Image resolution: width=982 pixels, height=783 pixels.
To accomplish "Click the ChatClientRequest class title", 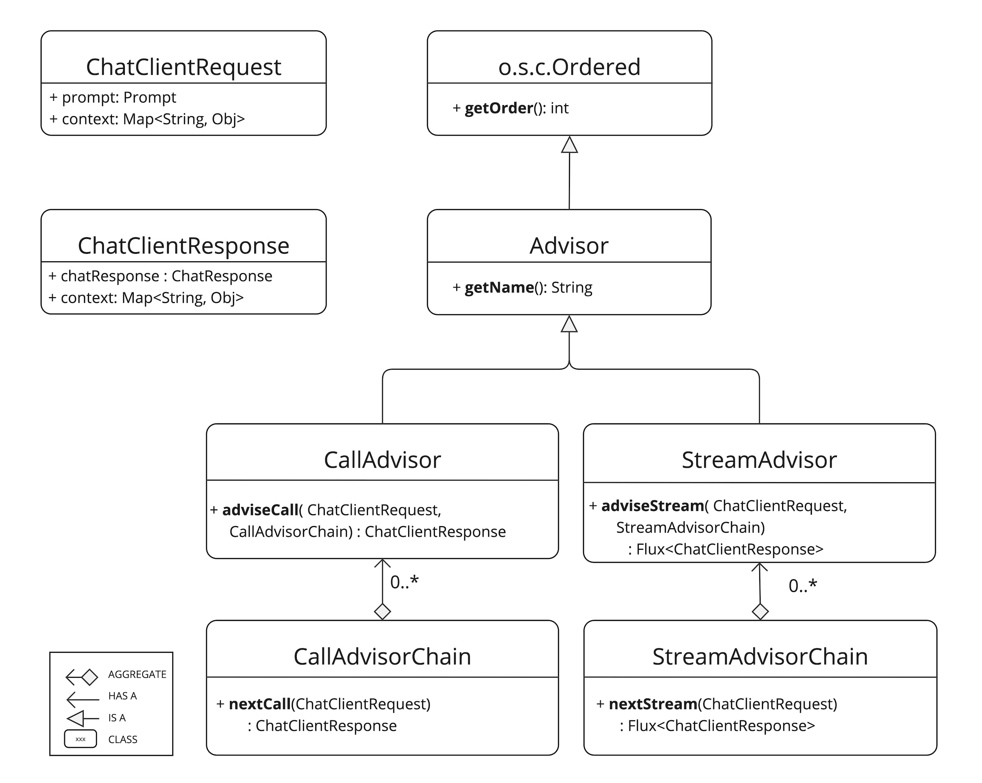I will (x=184, y=67).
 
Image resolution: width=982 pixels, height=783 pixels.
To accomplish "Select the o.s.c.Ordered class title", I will (x=569, y=67).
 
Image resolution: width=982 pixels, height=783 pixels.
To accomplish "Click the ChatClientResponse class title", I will (x=184, y=246).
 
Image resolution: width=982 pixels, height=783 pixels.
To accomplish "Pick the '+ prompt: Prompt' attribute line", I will (x=113, y=97).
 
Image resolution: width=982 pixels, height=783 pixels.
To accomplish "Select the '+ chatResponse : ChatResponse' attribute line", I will (x=160, y=276).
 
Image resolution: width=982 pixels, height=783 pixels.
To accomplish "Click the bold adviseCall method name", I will (x=260, y=510).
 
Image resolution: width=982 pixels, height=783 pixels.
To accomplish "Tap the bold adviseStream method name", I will (x=652, y=506).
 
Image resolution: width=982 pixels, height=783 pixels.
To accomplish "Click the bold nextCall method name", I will (x=260, y=704).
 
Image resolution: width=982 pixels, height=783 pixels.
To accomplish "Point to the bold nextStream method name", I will (x=652, y=704).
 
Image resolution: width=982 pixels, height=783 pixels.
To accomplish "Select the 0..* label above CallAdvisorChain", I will (x=404, y=582).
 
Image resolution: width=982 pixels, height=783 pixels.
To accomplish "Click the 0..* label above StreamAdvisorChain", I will (x=803, y=586).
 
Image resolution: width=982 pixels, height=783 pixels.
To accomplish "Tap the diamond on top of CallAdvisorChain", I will (x=382, y=611).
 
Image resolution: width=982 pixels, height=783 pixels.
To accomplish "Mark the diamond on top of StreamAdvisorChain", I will (x=760, y=611).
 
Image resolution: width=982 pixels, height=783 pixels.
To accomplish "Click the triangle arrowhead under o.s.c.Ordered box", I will (x=569, y=145).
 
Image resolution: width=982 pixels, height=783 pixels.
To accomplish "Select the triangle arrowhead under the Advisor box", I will (x=569, y=324).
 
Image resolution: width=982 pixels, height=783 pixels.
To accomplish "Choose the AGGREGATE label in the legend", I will (x=137, y=675).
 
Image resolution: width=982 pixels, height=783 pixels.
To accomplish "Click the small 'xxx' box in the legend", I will (x=80, y=739).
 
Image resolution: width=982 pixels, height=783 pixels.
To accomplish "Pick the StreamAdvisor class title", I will (x=759, y=460).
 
